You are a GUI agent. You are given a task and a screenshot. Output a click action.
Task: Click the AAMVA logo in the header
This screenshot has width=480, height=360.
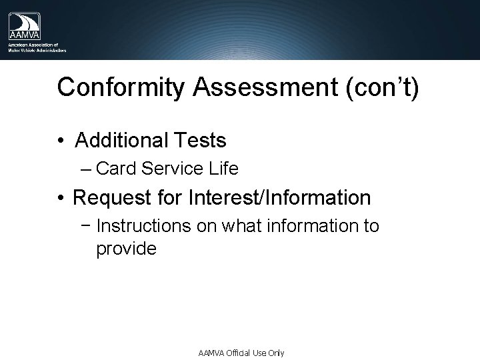pos(24,27)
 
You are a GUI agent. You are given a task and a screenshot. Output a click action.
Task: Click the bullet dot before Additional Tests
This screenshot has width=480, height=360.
pos(60,141)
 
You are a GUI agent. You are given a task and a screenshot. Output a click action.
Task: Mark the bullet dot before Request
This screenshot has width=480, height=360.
pos(60,199)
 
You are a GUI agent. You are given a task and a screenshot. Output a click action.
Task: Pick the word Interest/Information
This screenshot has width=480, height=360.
pos(280,198)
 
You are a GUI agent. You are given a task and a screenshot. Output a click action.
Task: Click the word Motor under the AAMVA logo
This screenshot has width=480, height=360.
pos(15,49)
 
